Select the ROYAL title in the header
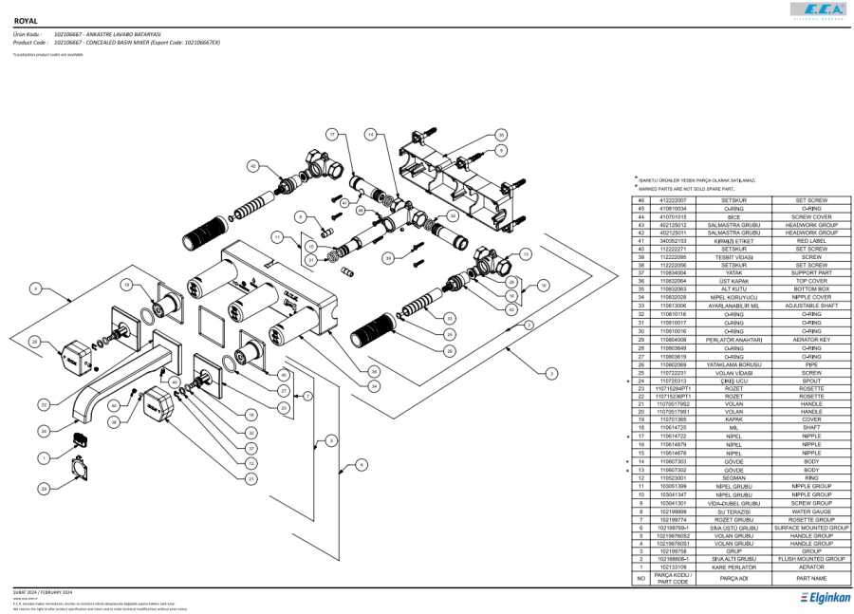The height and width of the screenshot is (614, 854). click(26, 20)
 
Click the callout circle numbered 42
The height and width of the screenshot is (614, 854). click(252, 165)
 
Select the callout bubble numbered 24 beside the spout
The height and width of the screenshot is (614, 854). click(44, 431)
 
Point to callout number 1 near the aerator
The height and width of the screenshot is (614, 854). click(44, 457)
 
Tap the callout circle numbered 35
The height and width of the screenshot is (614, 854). click(501, 136)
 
